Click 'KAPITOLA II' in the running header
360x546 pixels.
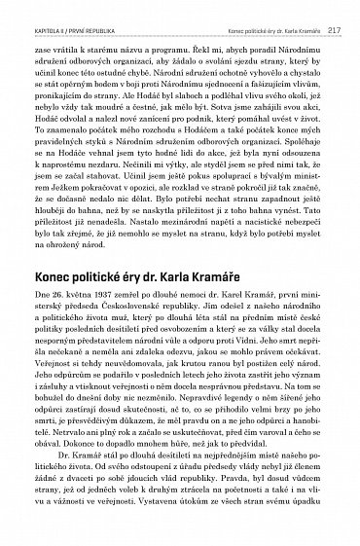(x=39, y=11)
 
